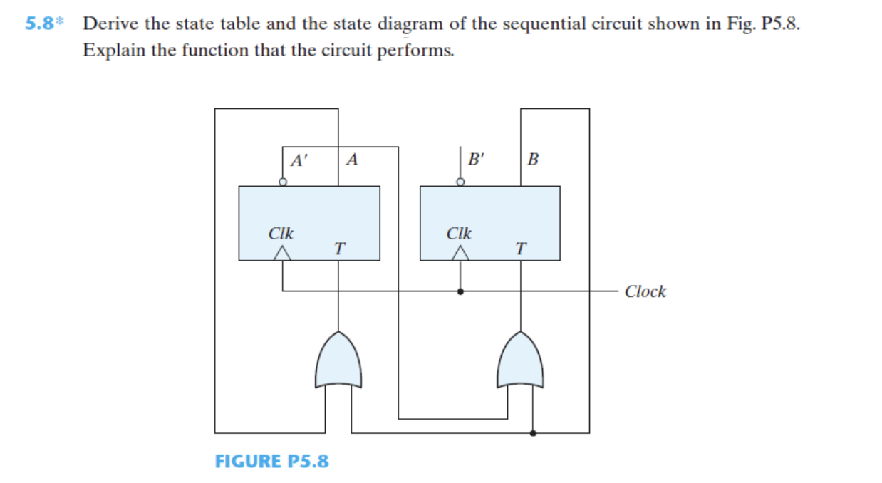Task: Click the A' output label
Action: coord(300,160)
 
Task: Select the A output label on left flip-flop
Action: coord(351,160)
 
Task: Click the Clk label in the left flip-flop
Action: coord(281,233)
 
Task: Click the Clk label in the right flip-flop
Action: coord(459,233)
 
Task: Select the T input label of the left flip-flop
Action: coord(340,249)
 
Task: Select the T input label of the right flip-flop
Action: coord(522,249)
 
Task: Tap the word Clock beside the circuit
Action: coord(645,291)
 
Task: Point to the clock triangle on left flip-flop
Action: coord(284,252)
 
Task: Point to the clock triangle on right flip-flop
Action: coord(462,252)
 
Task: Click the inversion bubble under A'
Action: coord(283,182)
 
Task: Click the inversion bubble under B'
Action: coord(461,182)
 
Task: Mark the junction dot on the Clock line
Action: coord(462,291)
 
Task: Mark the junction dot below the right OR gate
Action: coord(534,432)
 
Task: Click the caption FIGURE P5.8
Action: coord(271,461)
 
